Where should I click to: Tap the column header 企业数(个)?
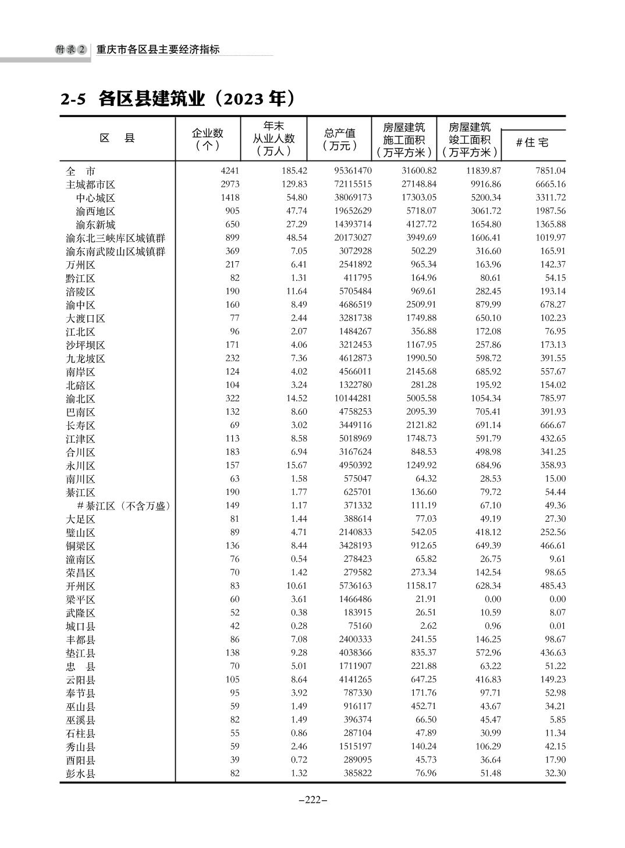click(x=207, y=140)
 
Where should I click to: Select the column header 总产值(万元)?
click(x=339, y=140)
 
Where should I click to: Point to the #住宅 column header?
click(x=532, y=142)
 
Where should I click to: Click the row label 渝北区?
click(x=80, y=399)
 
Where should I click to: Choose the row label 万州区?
click(x=80, y=265)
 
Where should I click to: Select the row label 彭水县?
click(x=80, y=774)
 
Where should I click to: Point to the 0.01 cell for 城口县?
click(x=557, y=626)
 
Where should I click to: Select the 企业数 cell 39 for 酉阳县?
click(x=234, y=760)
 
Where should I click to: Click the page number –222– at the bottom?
click(x=312, y=800)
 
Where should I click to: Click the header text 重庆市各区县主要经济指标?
click(x=158, y=50)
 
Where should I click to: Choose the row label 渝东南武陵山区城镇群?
click(x=115, y=252)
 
